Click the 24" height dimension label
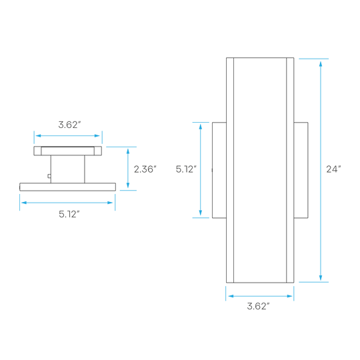click(x=333, y=169)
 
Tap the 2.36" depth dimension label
click(x=145, y=169)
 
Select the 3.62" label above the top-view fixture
click(x=69, y=125)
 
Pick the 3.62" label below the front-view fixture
click(x=258, y=306)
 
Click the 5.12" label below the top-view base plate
click(x=69, y=214)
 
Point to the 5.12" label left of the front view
click(x=186, y=169)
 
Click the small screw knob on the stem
click(x=49, y=176)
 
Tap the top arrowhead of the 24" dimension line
click(x=321, y=64)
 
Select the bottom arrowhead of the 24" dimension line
click(x=321, y=277)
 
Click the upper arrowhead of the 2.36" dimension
click(x=128, y=151)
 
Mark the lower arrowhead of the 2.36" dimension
click(x=128, y=185)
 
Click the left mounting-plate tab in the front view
click(x=219, y=170)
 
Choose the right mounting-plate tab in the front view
click(x=301, y=170)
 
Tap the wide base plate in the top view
click(x=67, y=187)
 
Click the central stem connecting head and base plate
click(x=68, y=169)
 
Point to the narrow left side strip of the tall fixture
click(x=230, y=170)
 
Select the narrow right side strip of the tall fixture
click(x=290, y=170)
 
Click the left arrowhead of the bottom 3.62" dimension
click(x=231, y=296)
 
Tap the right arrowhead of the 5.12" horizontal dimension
click(x=110, y=203)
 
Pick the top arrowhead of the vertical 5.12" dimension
click(x=201, y=127)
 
